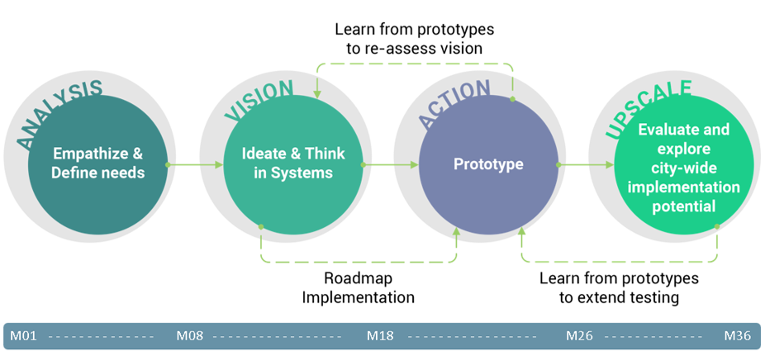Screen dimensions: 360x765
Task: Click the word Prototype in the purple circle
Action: pos(488,164)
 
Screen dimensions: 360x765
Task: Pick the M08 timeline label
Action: pos(191,336)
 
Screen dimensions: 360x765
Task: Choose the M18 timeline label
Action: pos(382,336)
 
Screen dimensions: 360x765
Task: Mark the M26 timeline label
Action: pos(581,336)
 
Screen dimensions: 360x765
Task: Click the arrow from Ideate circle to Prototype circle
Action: pos(390,165)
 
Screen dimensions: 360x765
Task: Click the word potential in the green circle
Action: pos(683,206)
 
